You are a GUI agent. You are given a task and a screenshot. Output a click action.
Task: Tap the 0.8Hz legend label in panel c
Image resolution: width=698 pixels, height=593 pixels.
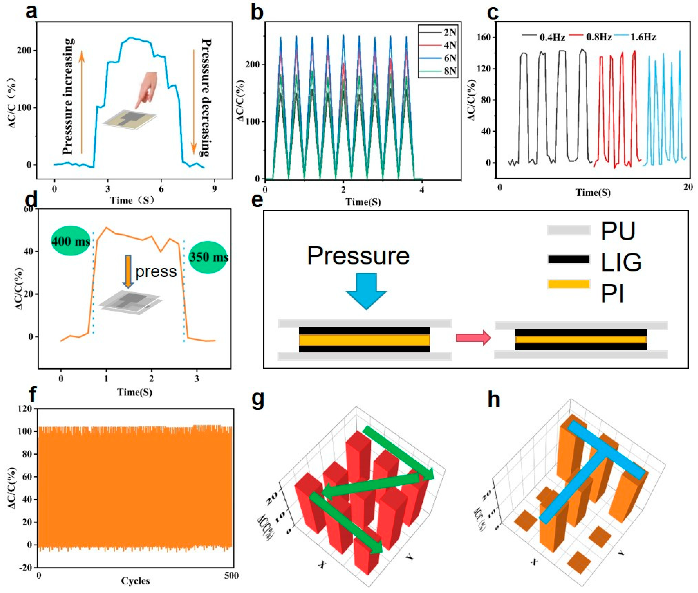598,37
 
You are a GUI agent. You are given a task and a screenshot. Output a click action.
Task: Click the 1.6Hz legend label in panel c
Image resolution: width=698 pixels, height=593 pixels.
643,37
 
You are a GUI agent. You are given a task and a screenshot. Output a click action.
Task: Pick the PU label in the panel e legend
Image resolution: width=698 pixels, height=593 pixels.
618,231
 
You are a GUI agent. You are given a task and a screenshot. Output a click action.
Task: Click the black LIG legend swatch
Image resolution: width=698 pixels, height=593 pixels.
569,259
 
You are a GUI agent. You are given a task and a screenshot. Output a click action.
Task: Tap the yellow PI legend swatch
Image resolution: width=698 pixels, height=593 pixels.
569,284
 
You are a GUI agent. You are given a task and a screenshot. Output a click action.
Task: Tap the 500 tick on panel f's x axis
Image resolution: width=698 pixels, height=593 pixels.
230,575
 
